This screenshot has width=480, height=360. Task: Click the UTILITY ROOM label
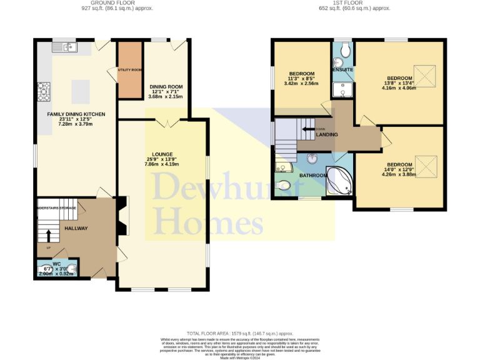coord(130,70)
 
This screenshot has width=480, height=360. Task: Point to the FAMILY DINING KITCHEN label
coord(76,114)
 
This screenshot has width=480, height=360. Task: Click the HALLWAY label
coord(76,229)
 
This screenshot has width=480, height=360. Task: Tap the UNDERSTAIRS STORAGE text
coord(56,207)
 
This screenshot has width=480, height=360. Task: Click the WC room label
coord(56,264)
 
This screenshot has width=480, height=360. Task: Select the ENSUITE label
coord(343,69)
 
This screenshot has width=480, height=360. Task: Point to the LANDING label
coord(327,135)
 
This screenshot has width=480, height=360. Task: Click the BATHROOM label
coord(313,176)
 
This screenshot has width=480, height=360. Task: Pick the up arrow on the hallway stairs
coord(48,235)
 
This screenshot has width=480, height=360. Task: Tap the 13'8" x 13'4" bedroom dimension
coord(399,87)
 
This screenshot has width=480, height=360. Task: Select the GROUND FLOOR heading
coord(117,2)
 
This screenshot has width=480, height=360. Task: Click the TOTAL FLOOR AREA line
coord(239,334)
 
